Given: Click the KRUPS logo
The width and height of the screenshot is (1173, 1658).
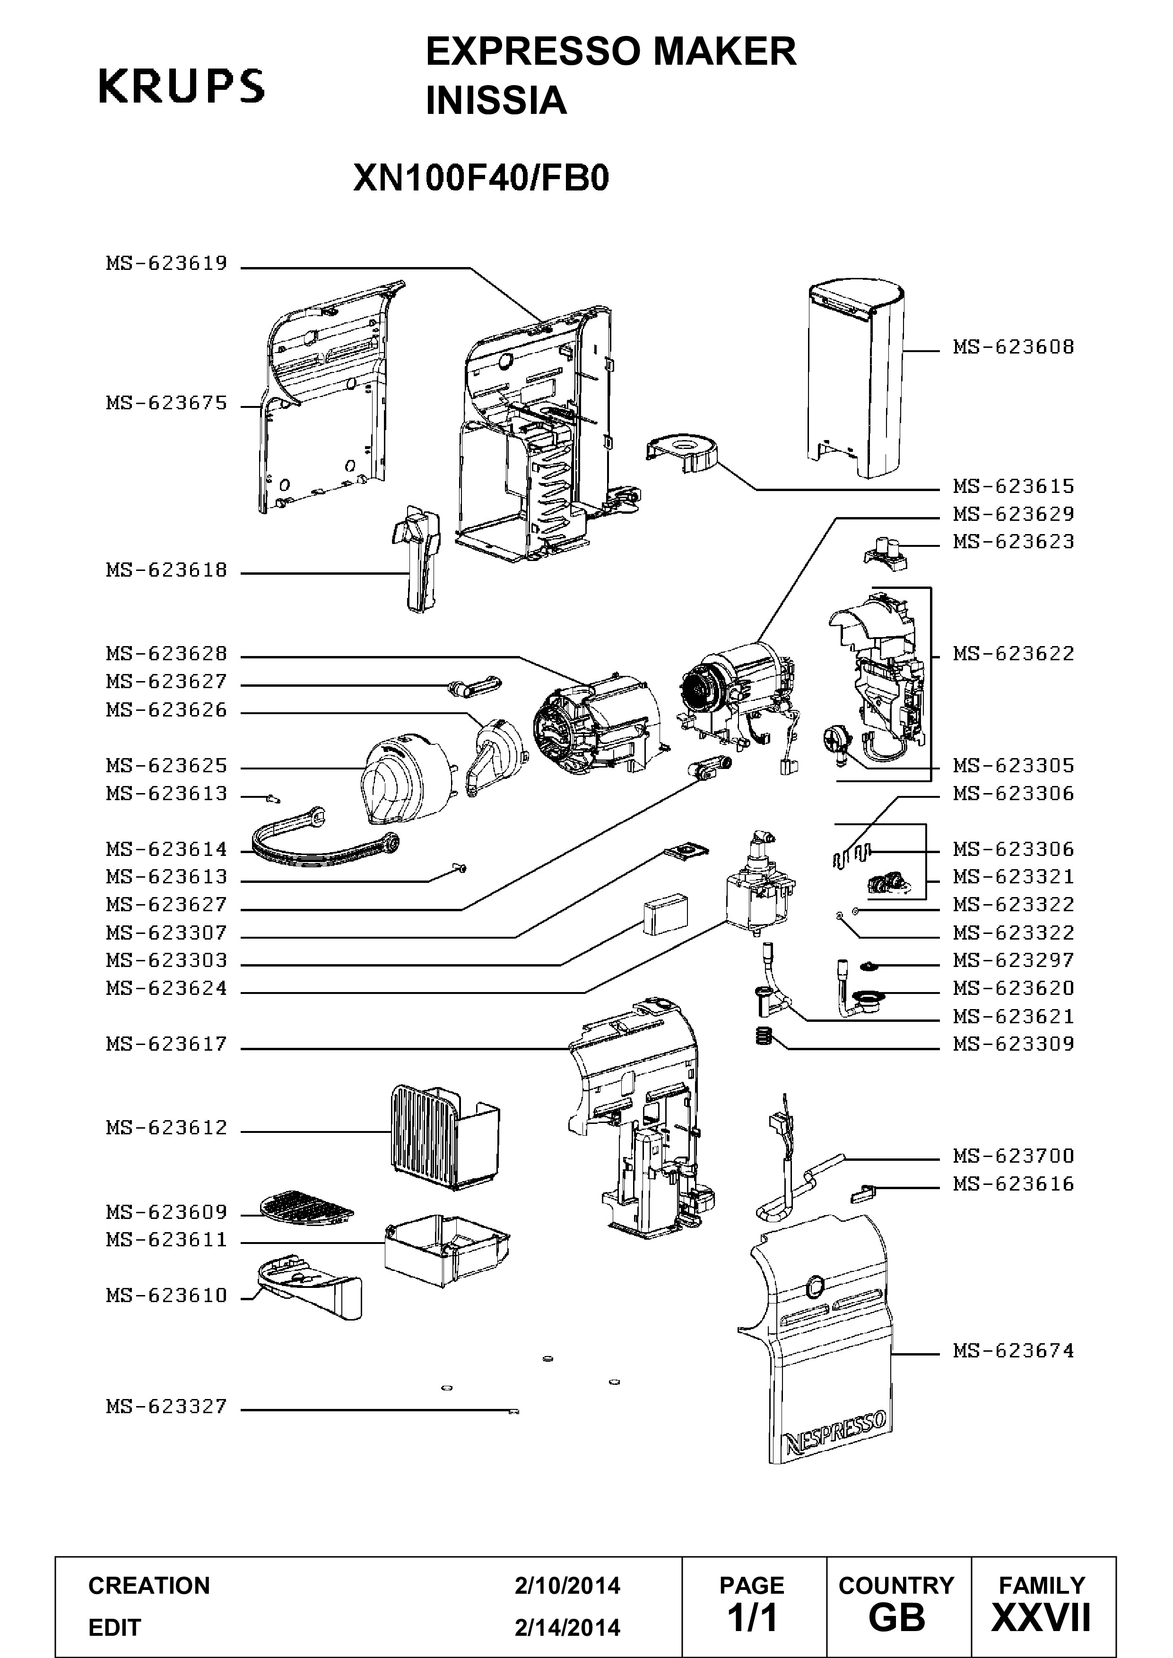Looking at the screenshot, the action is pos(181,86).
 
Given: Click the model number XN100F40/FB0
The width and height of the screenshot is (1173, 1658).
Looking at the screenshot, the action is pos(481,178).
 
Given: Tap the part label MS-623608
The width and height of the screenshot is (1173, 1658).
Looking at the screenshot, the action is pos(1013,347).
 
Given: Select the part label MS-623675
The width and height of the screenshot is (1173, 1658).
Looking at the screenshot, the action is pos(167,403).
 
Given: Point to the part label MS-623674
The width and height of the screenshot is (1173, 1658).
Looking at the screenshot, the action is pos(1013,1351).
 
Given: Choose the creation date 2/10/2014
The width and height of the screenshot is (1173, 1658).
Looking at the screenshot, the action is pos(567,1585).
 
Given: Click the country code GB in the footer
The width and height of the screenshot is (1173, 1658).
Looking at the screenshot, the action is pos(896,1618).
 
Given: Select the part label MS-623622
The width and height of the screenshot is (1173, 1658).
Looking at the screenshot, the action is pos(1013,654).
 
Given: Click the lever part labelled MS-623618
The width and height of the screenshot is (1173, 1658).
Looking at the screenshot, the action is pos(415,558).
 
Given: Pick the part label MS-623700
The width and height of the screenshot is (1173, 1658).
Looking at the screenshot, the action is pos(1013,1156).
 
